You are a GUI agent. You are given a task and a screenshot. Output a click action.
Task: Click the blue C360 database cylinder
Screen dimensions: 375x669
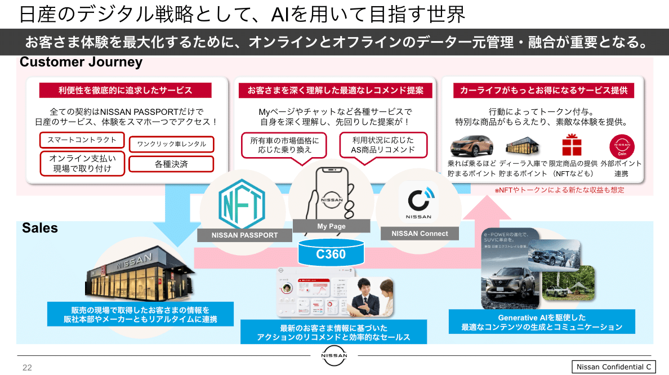coord(331,253)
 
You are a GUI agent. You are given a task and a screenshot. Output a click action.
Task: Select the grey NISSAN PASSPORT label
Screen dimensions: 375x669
coord(244,235)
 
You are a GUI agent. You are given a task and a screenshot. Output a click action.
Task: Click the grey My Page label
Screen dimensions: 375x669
coord(331,226)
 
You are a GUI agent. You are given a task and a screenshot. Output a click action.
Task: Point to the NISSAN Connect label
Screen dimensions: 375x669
coord(420,233)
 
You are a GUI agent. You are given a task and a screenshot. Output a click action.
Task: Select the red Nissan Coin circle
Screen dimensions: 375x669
coord(621,145)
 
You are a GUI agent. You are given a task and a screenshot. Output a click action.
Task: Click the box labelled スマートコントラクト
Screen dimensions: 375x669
coord(82,140)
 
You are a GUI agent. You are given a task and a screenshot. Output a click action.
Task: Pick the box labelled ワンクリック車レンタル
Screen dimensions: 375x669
coord(172,144)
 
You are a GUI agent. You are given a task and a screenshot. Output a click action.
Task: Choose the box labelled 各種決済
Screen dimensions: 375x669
coord(172,164)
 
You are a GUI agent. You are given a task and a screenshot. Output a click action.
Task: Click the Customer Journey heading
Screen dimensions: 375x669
coord(81,62)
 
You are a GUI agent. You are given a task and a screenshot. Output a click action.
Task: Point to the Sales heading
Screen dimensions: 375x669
coord(40,228)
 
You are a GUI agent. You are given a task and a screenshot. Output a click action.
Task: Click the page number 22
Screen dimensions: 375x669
coord(27,368)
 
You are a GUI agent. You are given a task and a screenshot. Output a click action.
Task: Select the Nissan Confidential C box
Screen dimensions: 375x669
coord(614,367)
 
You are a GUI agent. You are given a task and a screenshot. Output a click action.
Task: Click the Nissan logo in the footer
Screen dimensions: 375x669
coord(334,355)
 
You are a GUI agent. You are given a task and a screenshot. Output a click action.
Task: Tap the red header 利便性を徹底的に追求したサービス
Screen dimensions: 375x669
coord(125,90)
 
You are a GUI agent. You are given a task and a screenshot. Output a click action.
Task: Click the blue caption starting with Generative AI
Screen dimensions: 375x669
coord(542,322)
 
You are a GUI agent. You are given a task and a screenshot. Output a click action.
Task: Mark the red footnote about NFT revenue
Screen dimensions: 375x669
coord(559,190)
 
